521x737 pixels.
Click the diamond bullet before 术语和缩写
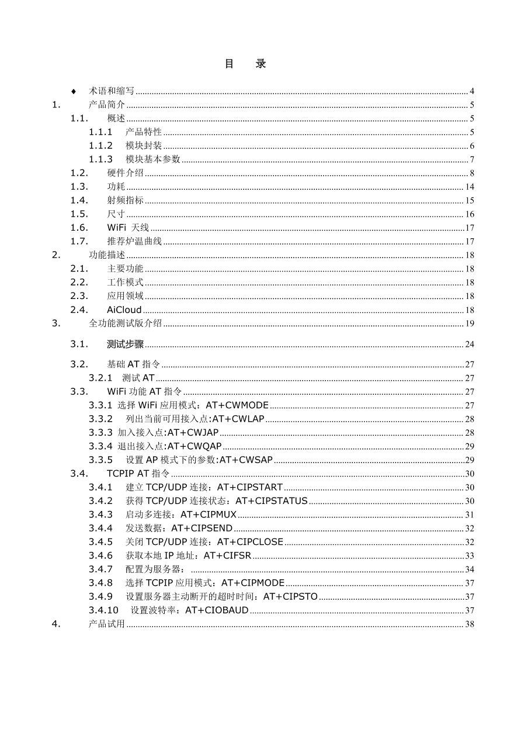coord(74,92)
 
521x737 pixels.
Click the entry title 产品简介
coord(107,105)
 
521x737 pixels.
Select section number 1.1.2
coord(100,146)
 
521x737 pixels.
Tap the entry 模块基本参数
coord(153,159)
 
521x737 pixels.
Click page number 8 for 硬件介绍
coord(472,173)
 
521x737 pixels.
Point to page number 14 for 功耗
coord(470,187)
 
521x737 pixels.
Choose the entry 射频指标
coord(126,200)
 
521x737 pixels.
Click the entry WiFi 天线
coord(128,228)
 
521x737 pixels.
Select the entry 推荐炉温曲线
coord(135,241)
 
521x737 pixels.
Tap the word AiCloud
coord(124,310)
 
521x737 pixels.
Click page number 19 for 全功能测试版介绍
coord(470,324)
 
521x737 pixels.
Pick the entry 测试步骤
coord(126,344)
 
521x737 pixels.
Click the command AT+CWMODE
coord(237,405)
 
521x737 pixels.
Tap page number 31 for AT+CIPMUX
coord(470,514)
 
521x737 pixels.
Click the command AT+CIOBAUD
coord(217,610)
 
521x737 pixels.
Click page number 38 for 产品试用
coord(470,624)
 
